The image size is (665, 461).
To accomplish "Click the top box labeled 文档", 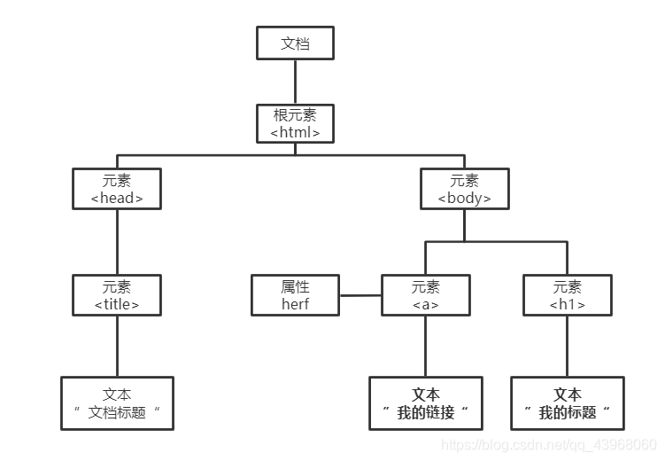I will click(x=295, y=43).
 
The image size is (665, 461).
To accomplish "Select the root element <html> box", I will click(x=295, y=123).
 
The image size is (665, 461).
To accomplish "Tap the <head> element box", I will click(x=117, y=189).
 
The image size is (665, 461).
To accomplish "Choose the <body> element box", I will click(x=465, y=189).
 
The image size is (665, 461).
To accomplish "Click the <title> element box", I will click(x=117, y=295).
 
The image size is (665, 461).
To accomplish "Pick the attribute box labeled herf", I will click(x=295, y=295).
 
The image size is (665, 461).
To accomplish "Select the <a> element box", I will click(x=426, y=295).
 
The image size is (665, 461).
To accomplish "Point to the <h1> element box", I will click(x=568, y=295).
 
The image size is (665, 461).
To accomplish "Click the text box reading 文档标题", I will click(x=117, y=403).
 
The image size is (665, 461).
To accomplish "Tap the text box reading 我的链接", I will click(x=426, y=403).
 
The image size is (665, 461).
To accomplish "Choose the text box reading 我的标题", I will click(x=568, y=403).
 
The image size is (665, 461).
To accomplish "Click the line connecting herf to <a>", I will click(x=360, y=295).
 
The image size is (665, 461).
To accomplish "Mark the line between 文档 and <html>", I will click(x=295, y=82).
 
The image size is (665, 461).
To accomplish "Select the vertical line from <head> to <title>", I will click(x=117, y=241).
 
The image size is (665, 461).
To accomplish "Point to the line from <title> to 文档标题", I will click(x=117, y=347).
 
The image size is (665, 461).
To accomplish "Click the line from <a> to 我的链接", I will click(x=426, y=347).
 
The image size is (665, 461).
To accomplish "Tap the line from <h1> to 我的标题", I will click(x=568, y=347).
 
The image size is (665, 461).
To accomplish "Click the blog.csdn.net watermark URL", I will click(x=548, y=443).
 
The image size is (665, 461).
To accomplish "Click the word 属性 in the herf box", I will click(x=295, y=286).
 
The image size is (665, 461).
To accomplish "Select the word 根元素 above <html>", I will click(x=295, y=114).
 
